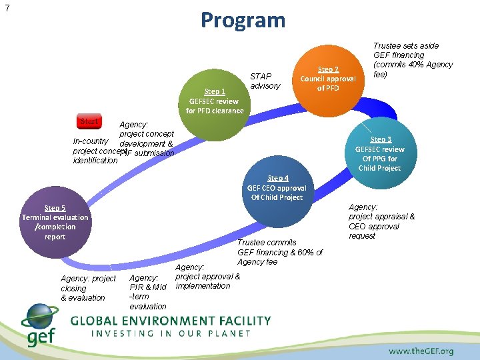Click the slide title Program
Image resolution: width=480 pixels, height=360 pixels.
(x=243, y=20)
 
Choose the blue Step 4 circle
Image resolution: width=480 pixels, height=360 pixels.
(x=277, y=189)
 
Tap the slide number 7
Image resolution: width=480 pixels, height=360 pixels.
(x=7, y=8)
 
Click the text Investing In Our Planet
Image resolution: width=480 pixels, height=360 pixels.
(x=171, y=333)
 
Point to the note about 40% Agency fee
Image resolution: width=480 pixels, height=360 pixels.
(x=413, y=60)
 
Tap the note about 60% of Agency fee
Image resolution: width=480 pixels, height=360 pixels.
(x=279, y=252)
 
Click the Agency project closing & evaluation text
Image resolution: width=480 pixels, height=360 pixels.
(x=87, y=288)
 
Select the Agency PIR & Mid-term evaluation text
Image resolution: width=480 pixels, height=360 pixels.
(x=148, y=292)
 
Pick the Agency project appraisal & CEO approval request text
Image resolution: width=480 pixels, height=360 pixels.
(x=381, y=221)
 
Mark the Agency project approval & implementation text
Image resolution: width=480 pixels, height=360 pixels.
(x=207, y=277)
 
